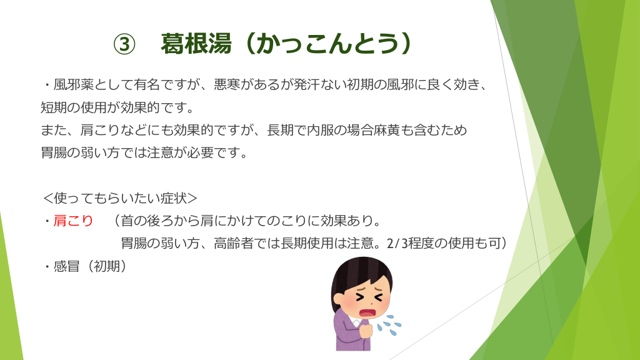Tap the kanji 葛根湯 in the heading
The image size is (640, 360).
pos(196,44)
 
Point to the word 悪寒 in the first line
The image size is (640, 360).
pos(227,84)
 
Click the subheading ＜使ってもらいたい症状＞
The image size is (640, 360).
pos(120,198)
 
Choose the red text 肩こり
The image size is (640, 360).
pos(74,221)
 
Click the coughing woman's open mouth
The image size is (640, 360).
pos(367,313)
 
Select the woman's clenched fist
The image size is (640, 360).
pos(366,329)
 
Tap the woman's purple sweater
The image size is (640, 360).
pos(347,332)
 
